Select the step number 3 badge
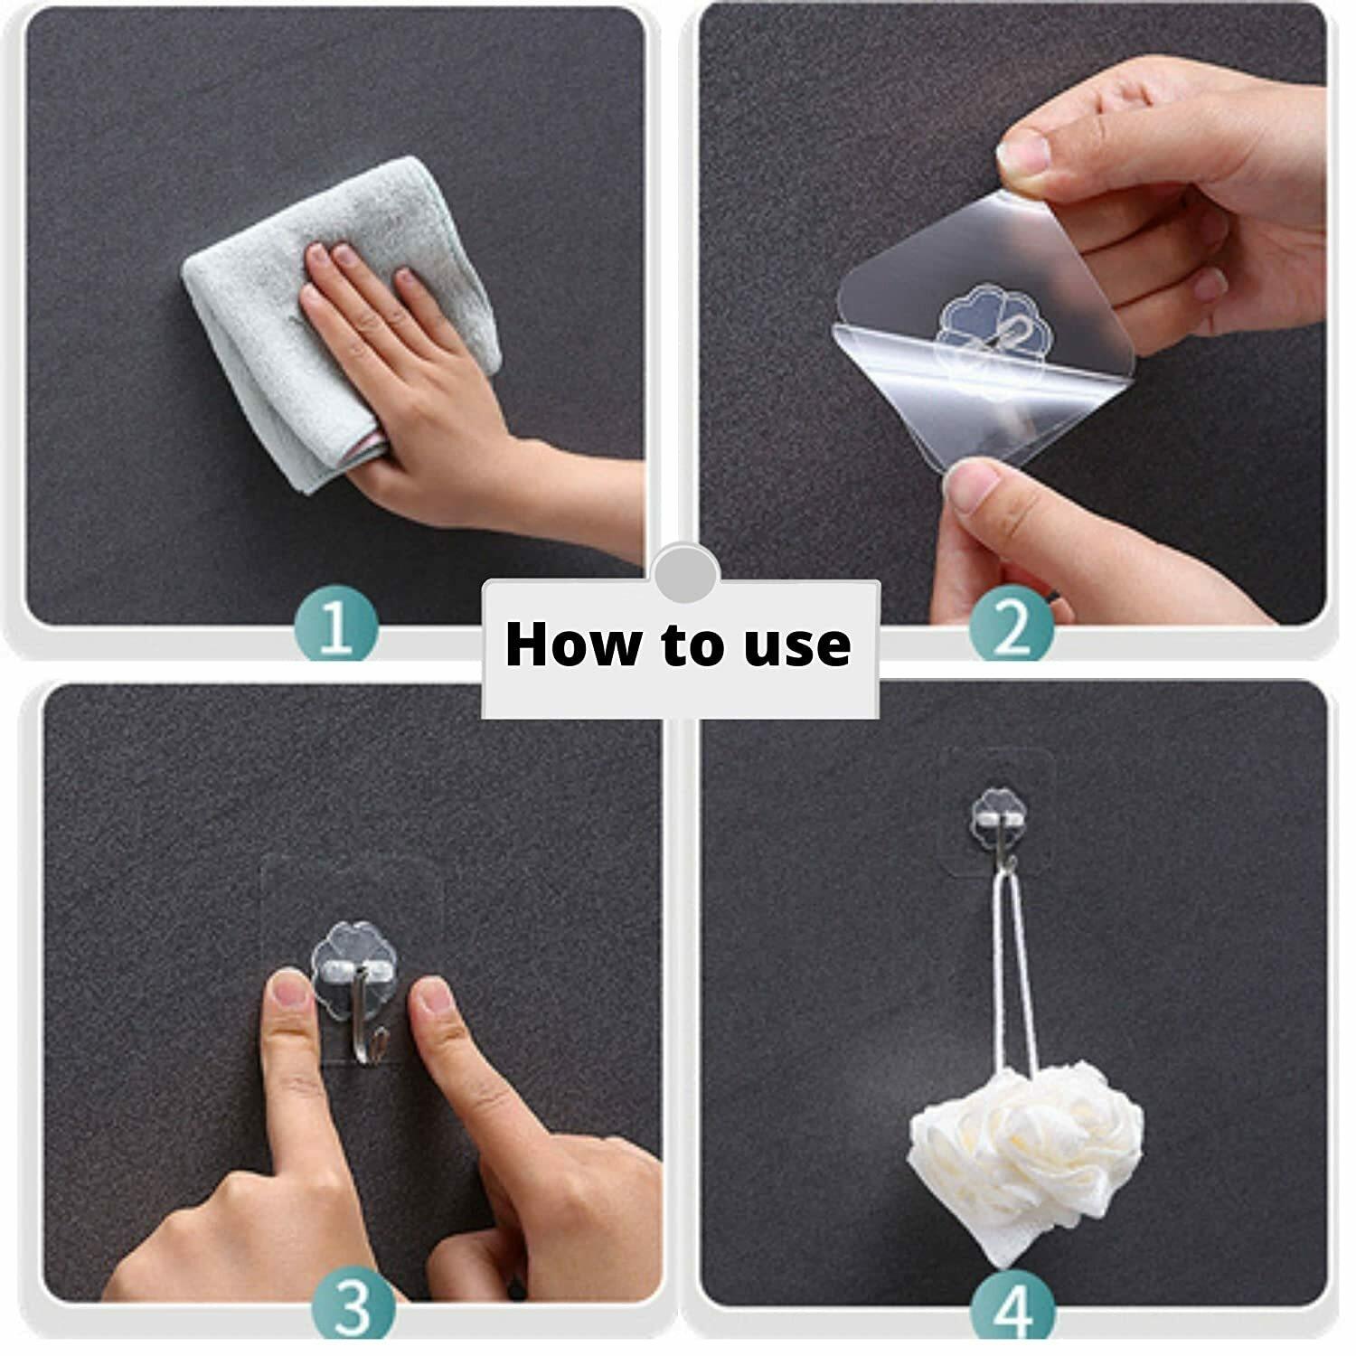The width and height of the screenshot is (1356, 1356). pyautogui.click(x=353, y=1307)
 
